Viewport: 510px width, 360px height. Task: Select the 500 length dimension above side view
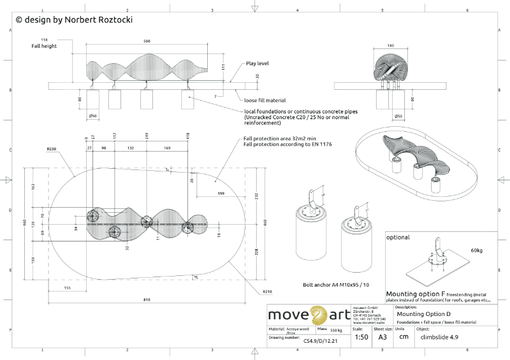(147, 41)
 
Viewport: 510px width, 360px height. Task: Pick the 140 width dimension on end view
(390, 46)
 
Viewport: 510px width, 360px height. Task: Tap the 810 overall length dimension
(147, 299)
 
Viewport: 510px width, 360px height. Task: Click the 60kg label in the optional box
(477, 250)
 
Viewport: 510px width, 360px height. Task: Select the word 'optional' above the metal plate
(398, 237)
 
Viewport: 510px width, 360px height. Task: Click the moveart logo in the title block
(308, 315)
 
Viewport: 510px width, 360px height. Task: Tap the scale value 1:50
(361, 336)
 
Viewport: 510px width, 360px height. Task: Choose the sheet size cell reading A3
(382, 336)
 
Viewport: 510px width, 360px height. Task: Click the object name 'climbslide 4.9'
(439, 337)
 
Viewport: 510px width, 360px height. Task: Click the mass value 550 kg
(337, 330)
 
